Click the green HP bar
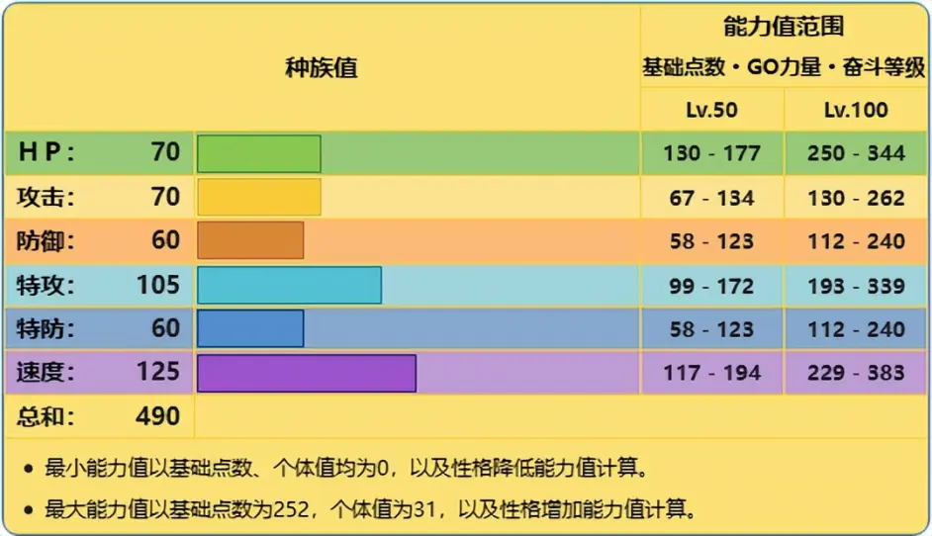(258, 153)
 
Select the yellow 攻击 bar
(258, 197)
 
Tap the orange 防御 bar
(250, 240)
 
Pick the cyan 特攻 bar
(289, 285)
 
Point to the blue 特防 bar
(250, 328)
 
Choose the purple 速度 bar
(306, 373)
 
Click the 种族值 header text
(321, 68)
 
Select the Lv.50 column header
(711, 110)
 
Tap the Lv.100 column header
(856, 110)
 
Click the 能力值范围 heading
(784, 27)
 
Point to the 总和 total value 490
(157, 416)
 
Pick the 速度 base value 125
(157, 372)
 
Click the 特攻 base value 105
(157, 285)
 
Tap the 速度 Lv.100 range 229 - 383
(856, 373)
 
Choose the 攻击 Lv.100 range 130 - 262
(856, 198)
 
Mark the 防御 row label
(46, 241)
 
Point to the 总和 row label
(46, 416)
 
